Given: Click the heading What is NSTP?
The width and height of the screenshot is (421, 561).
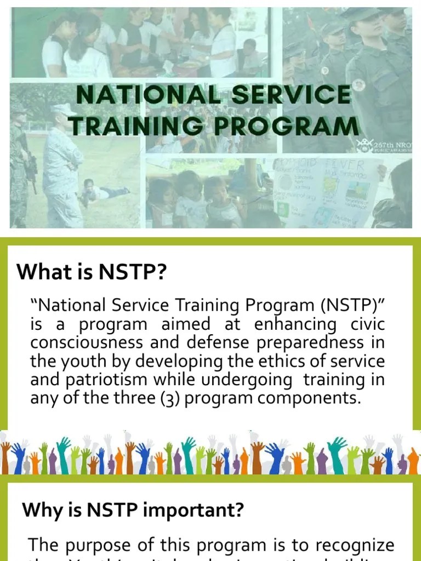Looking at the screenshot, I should (x=91, y=271).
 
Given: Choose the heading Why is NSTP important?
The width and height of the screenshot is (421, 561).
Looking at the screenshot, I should (x=133, y=510).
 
